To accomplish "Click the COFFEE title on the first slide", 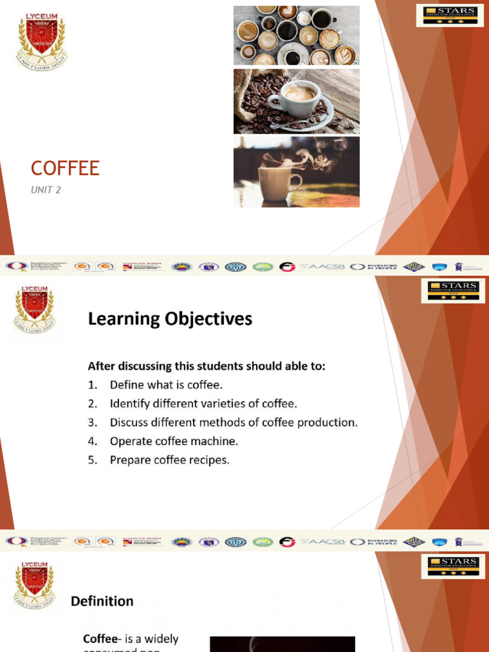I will (65, 169).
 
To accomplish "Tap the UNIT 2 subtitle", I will (46, 190).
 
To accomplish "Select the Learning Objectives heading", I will (169, 319).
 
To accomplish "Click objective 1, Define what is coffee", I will (166, 385).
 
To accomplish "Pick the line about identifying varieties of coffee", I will (203, 403).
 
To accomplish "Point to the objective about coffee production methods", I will (233, 422).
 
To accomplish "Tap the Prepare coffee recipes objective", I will (169, 459).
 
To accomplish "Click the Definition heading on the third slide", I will (102, 601).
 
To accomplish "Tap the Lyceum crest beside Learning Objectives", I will (34, 311).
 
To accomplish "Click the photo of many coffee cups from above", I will (296, 35).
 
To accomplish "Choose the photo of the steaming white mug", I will (296, 171).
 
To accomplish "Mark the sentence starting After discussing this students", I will (206, 366).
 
